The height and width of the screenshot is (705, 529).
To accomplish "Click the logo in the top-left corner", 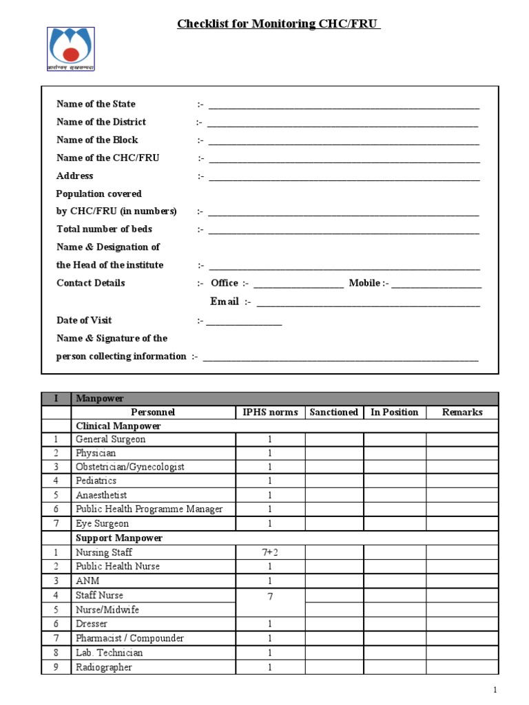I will (70, 50).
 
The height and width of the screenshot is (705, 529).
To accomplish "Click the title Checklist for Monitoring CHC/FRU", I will (279, 24).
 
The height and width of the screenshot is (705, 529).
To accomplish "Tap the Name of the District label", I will (101, 122).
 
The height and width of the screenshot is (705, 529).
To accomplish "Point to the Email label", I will (225, 302).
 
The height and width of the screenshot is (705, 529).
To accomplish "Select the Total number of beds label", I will (104, 229).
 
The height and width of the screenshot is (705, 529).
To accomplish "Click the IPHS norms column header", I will (270, 412).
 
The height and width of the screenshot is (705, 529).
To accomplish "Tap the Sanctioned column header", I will (334, 412).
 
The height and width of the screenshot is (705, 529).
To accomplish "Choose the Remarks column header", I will (462, 412).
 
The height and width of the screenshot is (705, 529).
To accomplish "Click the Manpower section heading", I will (100, 399).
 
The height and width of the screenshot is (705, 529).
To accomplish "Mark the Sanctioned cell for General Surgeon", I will (334, 439).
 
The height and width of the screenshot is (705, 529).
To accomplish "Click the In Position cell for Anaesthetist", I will (395, 495).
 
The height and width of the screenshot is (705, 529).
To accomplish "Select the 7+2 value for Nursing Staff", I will (270, 552).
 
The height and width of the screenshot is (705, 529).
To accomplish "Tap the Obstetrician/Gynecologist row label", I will (130, 467).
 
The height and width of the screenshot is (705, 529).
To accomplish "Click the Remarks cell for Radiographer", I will (462, 667).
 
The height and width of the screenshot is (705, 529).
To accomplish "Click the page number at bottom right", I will (495, 691).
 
